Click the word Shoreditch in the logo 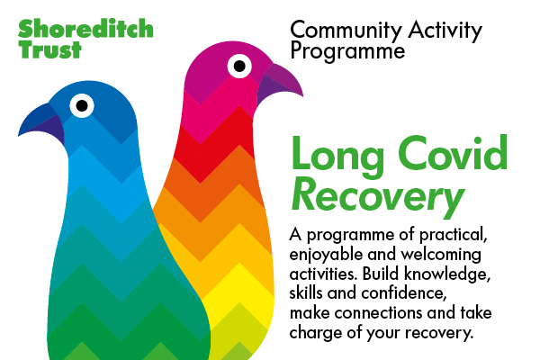pyautogui.click(x=85, y=29)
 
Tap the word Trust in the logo pyautogui.click(x=49, y=49)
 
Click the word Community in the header pyautogui.click(x=346, y=31)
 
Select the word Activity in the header pyautogui.click(x=445, y=31)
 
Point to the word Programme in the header pyautogui.click(x=347, y=52)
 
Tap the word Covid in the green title pyautogui.click(x=453, y=152)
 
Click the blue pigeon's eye pyautogui.click(x=82, y=106)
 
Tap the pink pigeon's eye pyautogui.click(x=239, y=66)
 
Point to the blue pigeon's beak pyautogui.click(x=42, y=123)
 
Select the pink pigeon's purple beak pyautogui.click(x=280, y=84)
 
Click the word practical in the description pyautogui.click(x=453, y=236)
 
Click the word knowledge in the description pyautogui.click(x=447, y=274)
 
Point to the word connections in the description pyautogui.click(x=379, y=313)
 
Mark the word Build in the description pyautogui.click(x=381, y=274)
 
